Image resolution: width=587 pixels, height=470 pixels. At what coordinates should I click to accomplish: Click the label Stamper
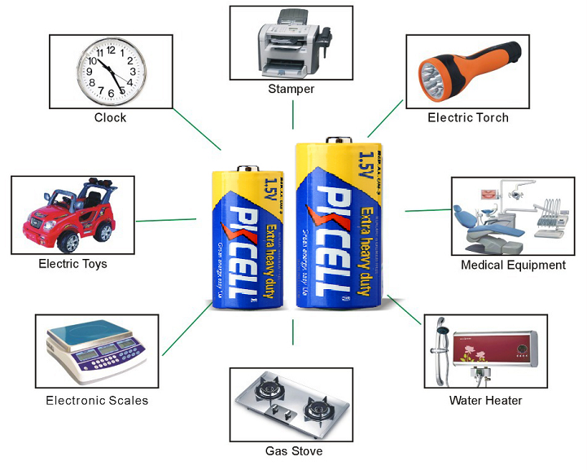click(291, 89)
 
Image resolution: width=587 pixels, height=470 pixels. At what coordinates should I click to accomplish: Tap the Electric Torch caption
click(468, 118)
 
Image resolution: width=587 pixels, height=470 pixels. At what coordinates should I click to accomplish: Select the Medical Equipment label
click(513, 265)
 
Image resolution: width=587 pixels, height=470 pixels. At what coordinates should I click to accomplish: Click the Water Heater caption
click(486, 400)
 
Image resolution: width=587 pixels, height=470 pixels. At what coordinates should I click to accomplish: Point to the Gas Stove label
click(294, 450)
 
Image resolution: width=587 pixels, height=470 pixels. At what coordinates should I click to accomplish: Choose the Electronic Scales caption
click(97, 400)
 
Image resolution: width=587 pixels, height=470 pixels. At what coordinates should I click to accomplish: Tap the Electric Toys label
click(72, 264)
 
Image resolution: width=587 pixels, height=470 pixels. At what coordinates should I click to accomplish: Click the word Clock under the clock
click(110, 118)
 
